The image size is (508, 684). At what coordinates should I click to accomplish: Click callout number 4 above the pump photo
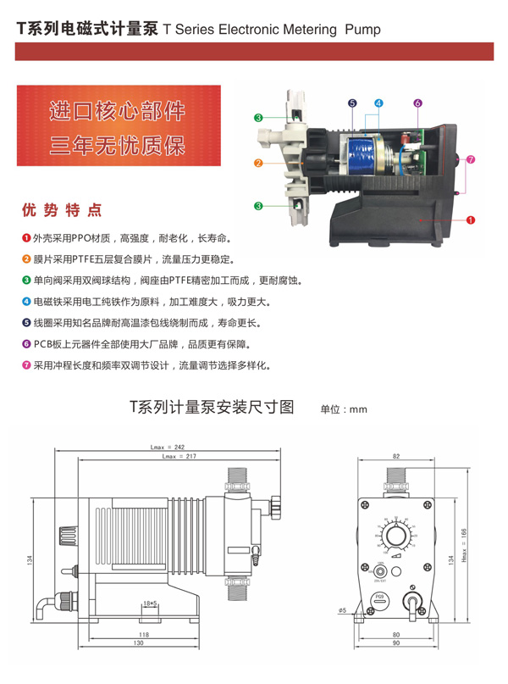(x=378, y=103)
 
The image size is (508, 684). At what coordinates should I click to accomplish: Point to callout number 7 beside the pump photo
(x=471, y=158)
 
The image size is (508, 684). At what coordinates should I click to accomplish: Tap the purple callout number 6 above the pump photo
(x=417, y=103)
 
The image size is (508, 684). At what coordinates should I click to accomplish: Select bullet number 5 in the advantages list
(x=26, y=323)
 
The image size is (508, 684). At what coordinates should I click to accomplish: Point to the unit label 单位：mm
(x=343, y=409)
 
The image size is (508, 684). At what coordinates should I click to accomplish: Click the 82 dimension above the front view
(x=395, y=456)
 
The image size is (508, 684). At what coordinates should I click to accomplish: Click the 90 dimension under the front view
(x=396, y=643)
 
